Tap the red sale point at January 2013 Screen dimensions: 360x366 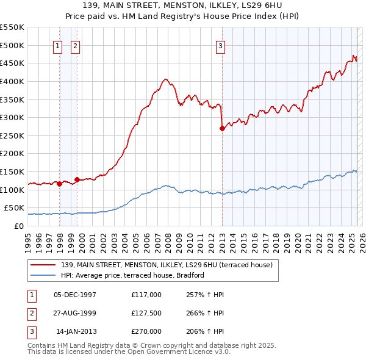(x=222, y=128)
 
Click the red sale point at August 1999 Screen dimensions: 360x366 (x=77, y=179)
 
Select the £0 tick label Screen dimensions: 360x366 (x=20, y=226)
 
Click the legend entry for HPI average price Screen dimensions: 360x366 (x=132, y=275)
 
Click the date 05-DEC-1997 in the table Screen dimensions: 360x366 (x=75, y=294)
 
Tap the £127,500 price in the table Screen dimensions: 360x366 (x=146, y=312)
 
